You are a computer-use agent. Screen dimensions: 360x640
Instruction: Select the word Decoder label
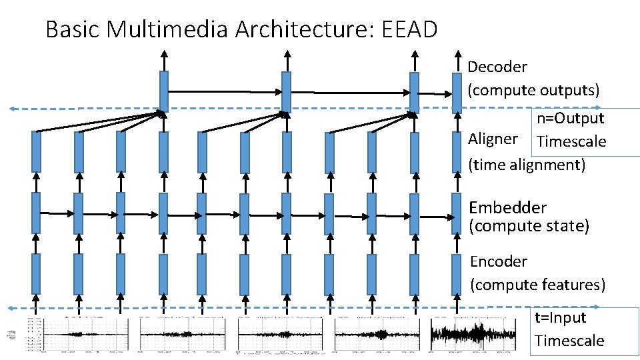coord(497,67)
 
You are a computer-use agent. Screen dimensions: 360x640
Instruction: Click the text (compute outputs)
coord(533,89)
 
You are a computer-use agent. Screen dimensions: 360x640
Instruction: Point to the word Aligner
coord(493,139)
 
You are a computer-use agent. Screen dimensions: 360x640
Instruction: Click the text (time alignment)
coord(527,164)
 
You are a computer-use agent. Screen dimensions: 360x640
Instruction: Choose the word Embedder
coord(508,208)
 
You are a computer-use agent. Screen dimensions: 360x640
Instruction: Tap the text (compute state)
coord(529,226)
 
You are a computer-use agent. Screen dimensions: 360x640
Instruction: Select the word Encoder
coord(499,261)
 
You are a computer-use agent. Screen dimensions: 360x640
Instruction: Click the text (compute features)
coord(537,285)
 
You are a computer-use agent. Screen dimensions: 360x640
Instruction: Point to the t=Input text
coord(560,318)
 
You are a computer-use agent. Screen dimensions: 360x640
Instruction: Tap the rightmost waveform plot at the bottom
coord(473,333)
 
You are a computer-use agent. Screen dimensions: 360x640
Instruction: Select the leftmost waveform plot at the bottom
coord(79,334)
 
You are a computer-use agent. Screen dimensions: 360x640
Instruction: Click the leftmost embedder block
coord(36,213)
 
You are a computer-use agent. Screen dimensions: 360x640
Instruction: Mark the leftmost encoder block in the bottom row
coord(36,274)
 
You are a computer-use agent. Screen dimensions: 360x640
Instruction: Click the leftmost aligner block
coord(36,152)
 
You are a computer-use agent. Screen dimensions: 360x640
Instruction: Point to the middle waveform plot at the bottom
coord(279,334)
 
